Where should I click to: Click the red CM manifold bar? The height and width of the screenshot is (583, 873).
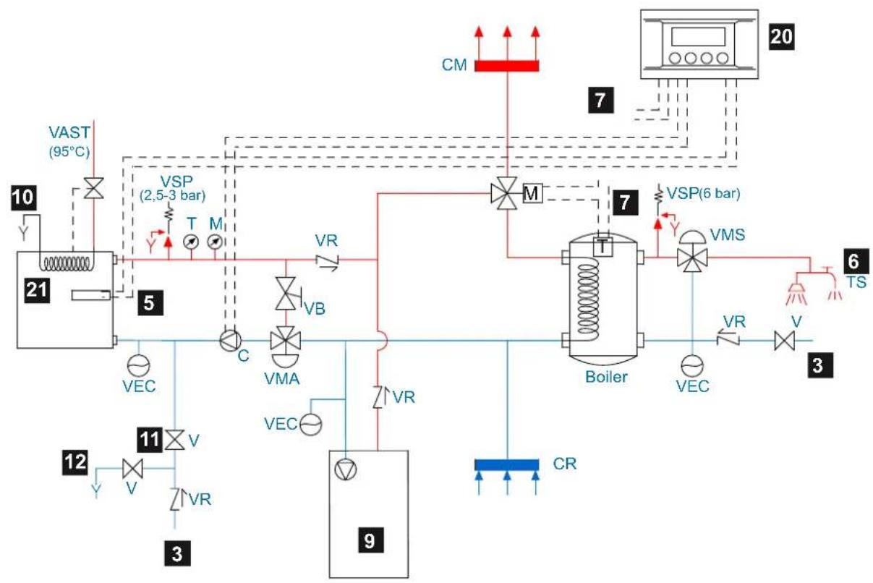coord(506,66)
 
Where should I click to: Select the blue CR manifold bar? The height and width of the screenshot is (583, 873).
coord(506,465)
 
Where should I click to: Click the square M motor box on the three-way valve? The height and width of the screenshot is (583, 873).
coord(532,193)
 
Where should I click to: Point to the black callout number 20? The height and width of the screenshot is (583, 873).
coord(782,37)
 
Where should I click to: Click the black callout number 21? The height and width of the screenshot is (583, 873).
coord(37,289)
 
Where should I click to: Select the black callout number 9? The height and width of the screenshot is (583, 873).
coord(371,540)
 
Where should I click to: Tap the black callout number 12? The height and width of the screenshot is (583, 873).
coord(75,462)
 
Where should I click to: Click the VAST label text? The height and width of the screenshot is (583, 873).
coord(69,133)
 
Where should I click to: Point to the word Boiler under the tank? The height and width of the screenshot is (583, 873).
coord(606,377)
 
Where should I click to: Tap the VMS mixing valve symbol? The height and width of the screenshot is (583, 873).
coord(693,252)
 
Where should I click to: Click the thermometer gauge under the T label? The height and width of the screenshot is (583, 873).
coord(191,242)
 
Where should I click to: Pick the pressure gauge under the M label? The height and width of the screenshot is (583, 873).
coord(215,242)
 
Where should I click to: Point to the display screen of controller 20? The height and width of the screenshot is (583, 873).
coord(699,36)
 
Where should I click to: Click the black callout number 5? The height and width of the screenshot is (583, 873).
coord(150,302)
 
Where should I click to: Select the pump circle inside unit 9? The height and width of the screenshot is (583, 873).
coord(345,469)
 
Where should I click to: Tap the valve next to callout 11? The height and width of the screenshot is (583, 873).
coord(174,440)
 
